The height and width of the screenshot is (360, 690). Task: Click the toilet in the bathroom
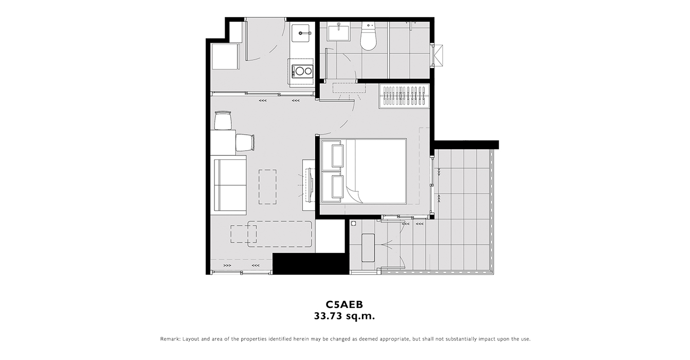[x=369, y=37]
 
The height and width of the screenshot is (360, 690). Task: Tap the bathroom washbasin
[x=338, y=33]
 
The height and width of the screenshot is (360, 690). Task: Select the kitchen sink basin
[x=301, y=33]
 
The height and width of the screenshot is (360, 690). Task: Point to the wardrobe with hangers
[x=404, y=96]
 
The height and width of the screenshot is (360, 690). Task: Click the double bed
[x=364, y=171]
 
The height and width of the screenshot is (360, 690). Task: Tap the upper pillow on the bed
[x=337, y=156]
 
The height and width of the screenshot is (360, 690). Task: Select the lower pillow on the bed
[x=337, y=187]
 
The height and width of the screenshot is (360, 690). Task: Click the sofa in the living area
[x=229, y=185]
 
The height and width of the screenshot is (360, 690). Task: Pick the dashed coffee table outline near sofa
[x=267, y=187]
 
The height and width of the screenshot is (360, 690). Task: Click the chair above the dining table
[x=223, y=120]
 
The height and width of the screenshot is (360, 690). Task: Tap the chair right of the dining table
[x=245, y=142]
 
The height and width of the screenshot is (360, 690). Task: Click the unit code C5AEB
[x=344, y=304]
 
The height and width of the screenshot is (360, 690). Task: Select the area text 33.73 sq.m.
[x=344, y=316]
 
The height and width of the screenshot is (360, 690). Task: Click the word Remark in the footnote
[x=170, y=339]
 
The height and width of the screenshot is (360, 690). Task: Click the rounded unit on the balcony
[x=368, y=248]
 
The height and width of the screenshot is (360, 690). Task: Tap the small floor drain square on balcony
[x=353, y=224]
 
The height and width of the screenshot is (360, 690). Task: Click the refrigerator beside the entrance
[x=225, y=57]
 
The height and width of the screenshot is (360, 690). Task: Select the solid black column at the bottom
[x=311, y=264]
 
